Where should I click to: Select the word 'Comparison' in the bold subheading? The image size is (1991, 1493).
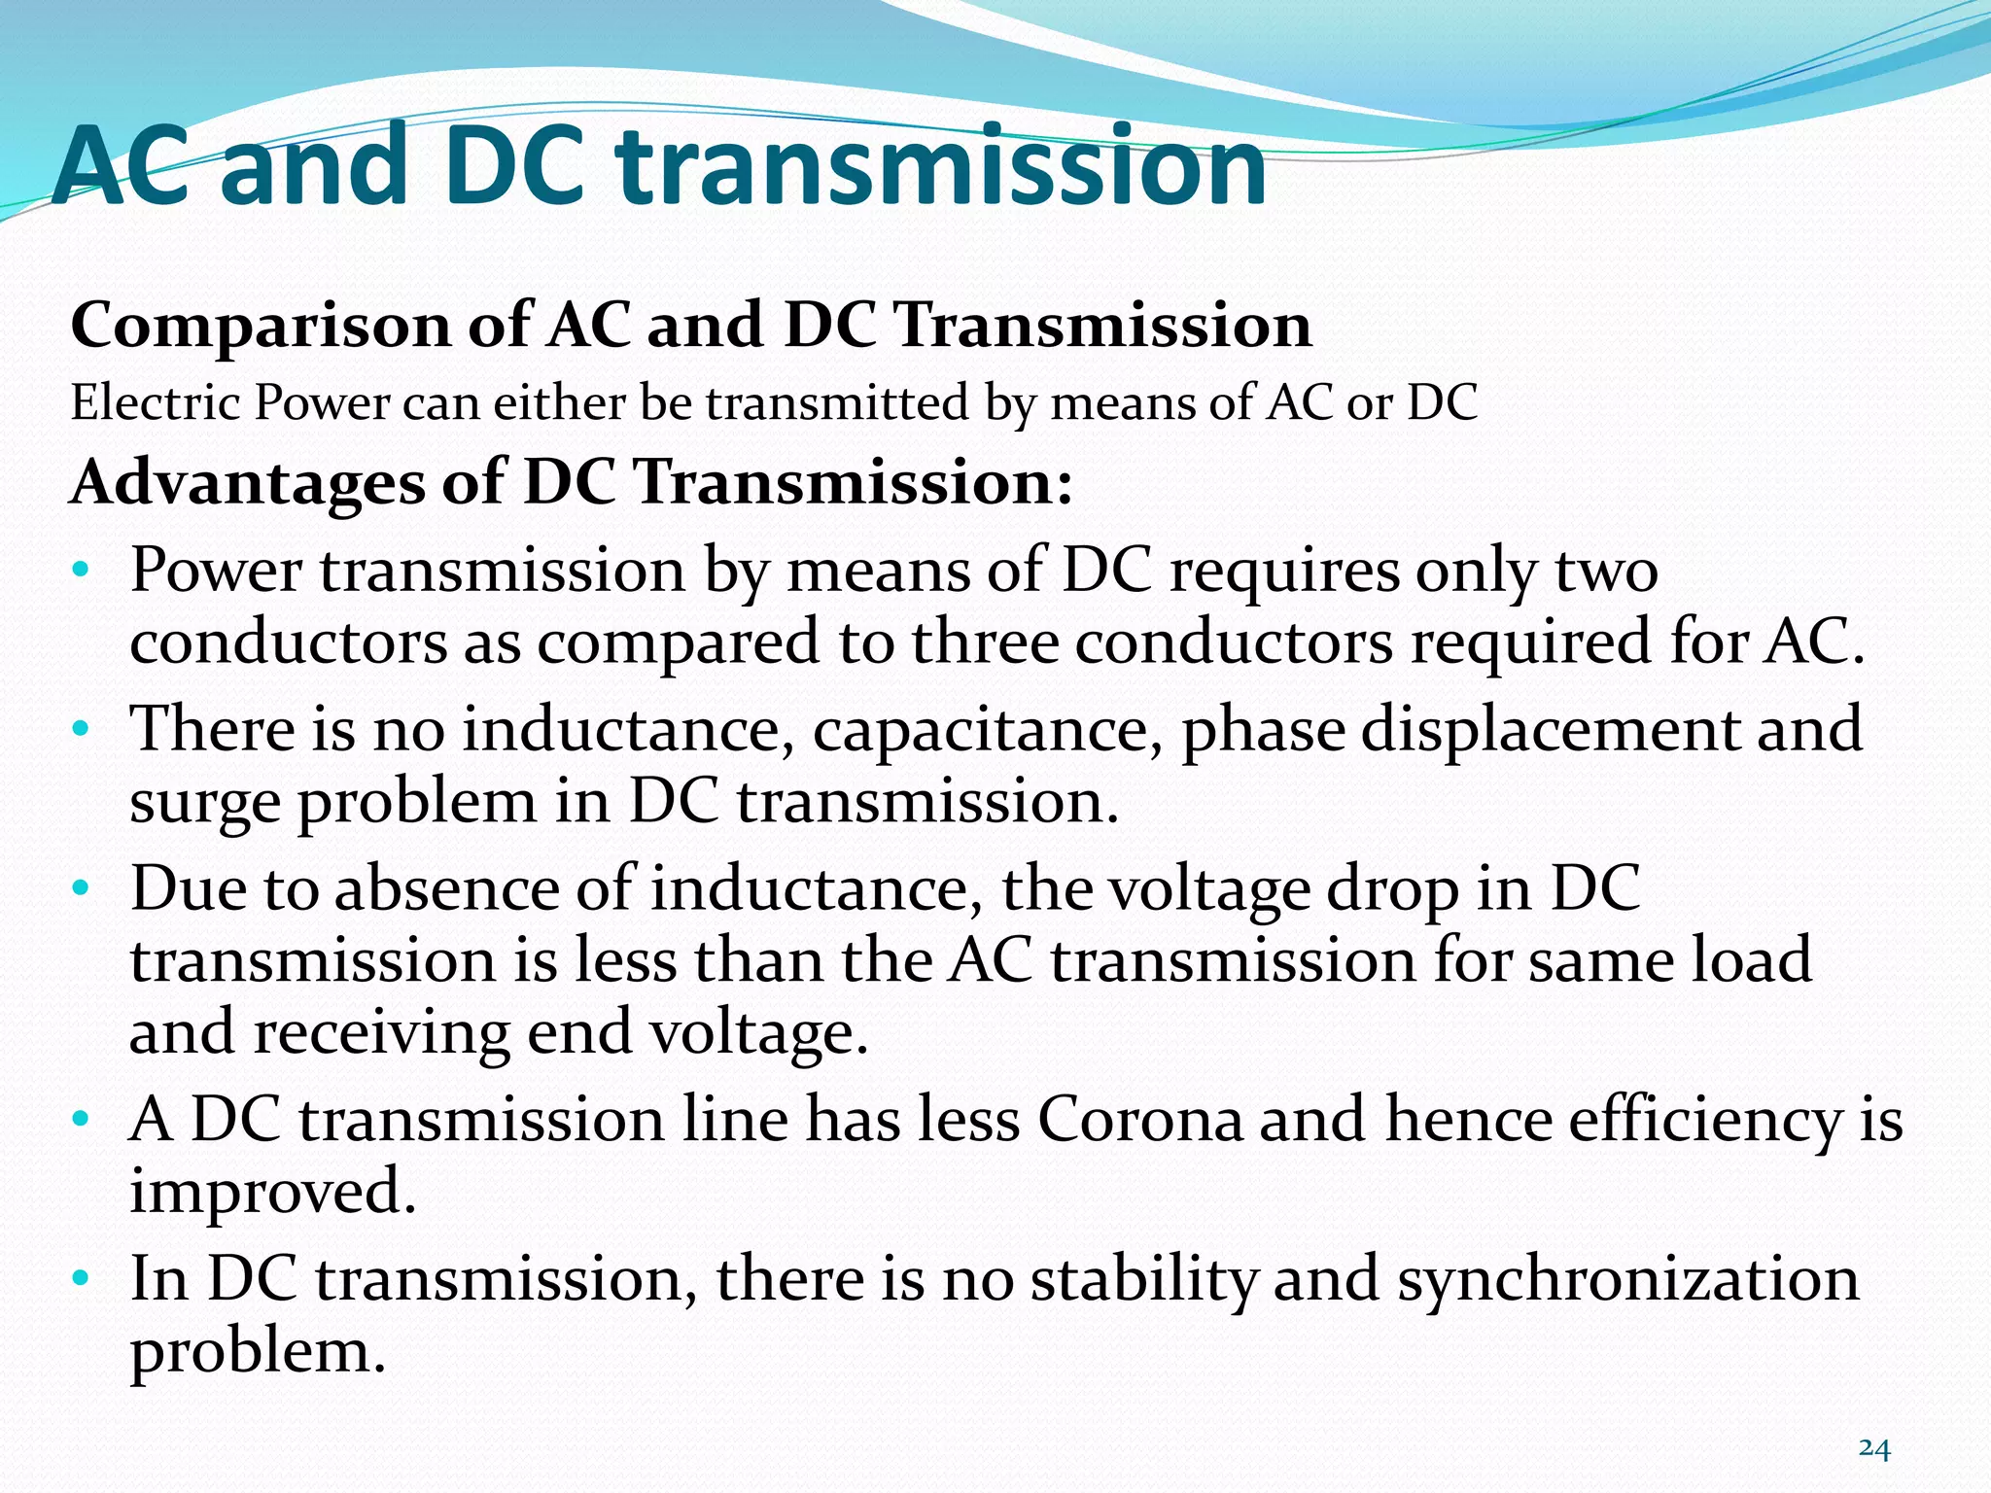pyautogui.click(x=261, y=327)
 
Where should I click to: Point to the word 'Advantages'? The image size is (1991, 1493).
pyautogui.click(x=248, y=483)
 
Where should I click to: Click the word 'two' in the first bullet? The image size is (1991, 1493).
pyautogui.click(x=1606, y=571)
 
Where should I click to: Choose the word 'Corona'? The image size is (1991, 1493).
pyautogui.click(x=1140, y=1120)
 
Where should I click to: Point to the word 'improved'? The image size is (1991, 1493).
pyautogui.click(x=272, y=1193)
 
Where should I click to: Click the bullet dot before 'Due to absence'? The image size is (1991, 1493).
pyautogui.click(x=81, y=889)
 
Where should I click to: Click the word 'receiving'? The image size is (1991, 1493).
pyautogui.click(x=381, y=1032)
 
